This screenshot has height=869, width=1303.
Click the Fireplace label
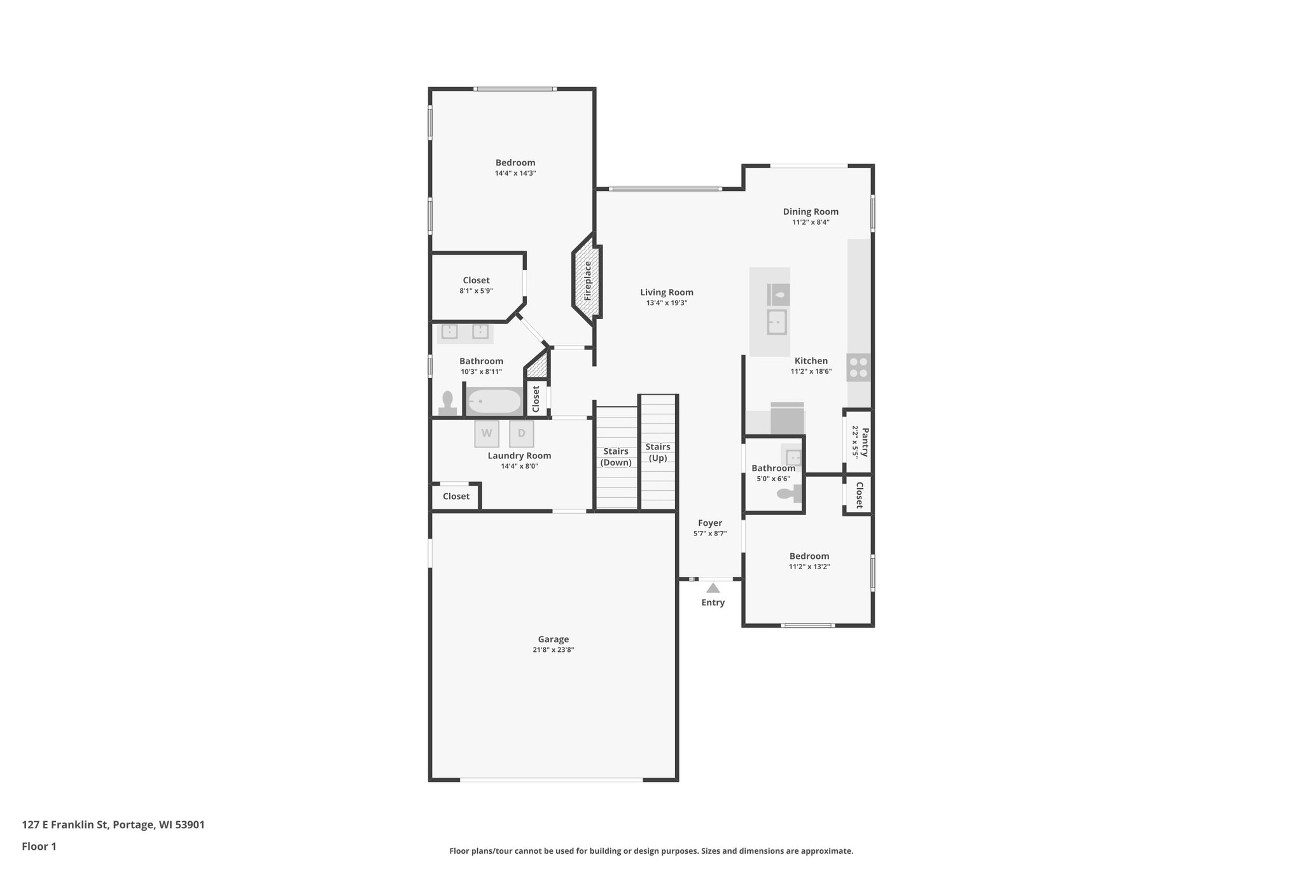point(588,281)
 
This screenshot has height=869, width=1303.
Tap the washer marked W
point(487,434)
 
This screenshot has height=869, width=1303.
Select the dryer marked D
point(522,434)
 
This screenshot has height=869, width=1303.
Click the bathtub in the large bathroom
point(494,401)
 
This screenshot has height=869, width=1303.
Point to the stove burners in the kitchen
point(858,367)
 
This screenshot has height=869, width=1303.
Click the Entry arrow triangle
point(713,588)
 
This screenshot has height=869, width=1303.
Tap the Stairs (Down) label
point(616,456)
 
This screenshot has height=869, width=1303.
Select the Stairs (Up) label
point(657,452)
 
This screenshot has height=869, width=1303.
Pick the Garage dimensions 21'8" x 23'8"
point(554,650)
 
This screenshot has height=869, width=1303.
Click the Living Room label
point(667,292)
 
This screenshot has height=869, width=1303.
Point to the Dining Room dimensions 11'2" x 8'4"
point(811,222)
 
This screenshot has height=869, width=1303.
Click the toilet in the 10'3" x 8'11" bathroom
point(448,404)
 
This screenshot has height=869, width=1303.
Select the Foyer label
point(710,523)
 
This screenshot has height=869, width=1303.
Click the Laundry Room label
point(519,455)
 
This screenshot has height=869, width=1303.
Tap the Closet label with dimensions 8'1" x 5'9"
point(476,280)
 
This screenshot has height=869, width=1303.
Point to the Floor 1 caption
point(39,846)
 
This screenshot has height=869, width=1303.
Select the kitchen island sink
point(777,322)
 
